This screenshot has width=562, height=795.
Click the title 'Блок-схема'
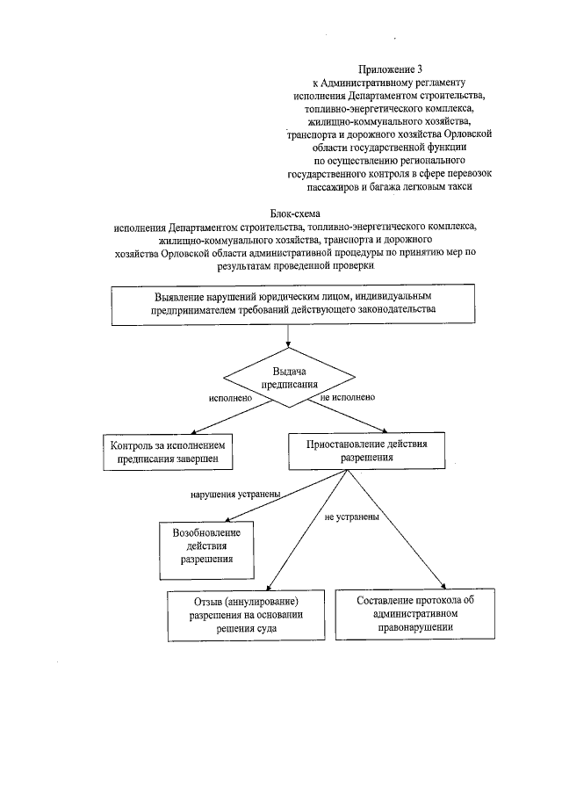coord(292,213)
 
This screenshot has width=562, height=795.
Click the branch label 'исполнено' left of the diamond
coord(230,398)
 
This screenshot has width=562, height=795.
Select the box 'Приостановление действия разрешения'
coord(367,450)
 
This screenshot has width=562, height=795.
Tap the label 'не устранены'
coord(352,517)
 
